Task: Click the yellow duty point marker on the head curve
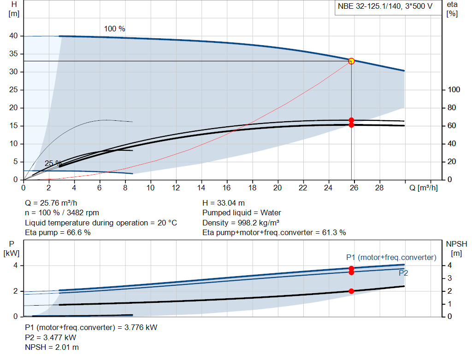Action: tap(351, 61)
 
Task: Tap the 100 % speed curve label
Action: tap(115, 29)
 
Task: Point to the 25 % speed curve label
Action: tap(53, 163)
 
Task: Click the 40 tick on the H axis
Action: tap(13, 36)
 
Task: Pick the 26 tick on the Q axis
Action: tap(354, 188)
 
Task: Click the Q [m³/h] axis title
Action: tap(424, 188)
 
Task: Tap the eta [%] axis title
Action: tap(452, 9)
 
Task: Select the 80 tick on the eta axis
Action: tap(452, 108)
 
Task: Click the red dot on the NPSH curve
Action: tap(351, 291)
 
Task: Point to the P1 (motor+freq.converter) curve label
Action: tap(391, 257)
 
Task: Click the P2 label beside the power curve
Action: tap(403, 273)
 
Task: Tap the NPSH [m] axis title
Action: tap(456, 248)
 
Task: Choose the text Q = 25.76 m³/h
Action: tap(51, 203)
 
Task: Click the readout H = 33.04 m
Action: tap(224, 203)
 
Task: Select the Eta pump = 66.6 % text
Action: tap(58, 233)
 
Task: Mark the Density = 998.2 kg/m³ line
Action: tap(241, 223)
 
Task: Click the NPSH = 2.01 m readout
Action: tap(52, 348)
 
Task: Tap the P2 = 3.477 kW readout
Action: tap(51, 338)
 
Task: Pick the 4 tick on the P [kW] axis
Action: tap(15, 266)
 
